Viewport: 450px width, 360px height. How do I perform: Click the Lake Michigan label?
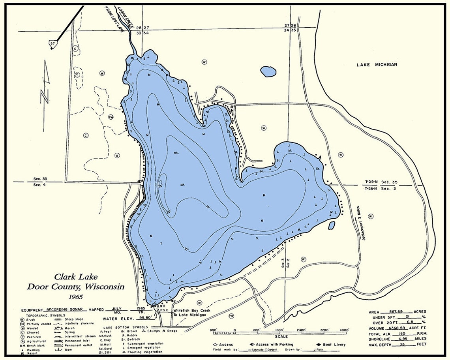pos(377,64)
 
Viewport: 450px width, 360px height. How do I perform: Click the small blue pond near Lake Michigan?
pos(268,71)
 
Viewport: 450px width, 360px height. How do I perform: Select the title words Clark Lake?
pos(76,277)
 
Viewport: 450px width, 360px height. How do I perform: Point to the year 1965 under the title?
pos(75,296)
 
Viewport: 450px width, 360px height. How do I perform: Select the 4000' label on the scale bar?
pos(344,330)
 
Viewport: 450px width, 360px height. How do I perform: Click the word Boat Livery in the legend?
pos(334,344)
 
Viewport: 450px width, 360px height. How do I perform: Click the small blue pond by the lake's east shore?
pos(332,225)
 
